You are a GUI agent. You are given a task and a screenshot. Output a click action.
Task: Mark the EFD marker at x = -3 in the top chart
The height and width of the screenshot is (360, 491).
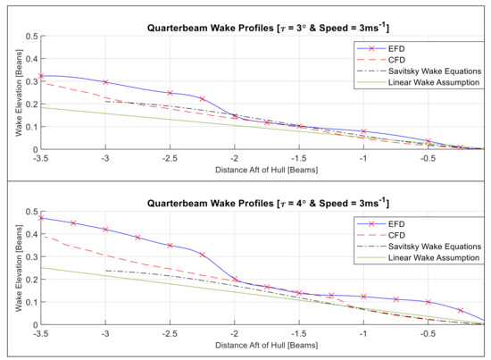tap(105, 82)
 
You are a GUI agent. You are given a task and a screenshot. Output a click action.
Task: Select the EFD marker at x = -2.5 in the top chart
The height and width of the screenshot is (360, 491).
tap(170, 93)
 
